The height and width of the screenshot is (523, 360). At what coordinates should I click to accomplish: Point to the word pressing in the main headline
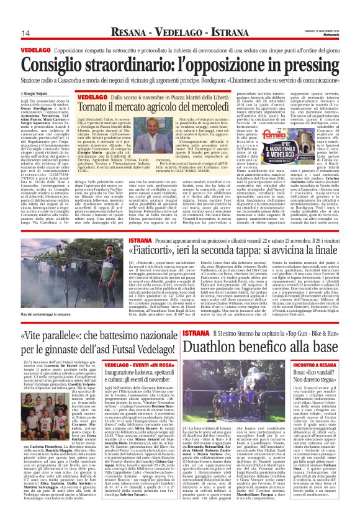tap(305, 62)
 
